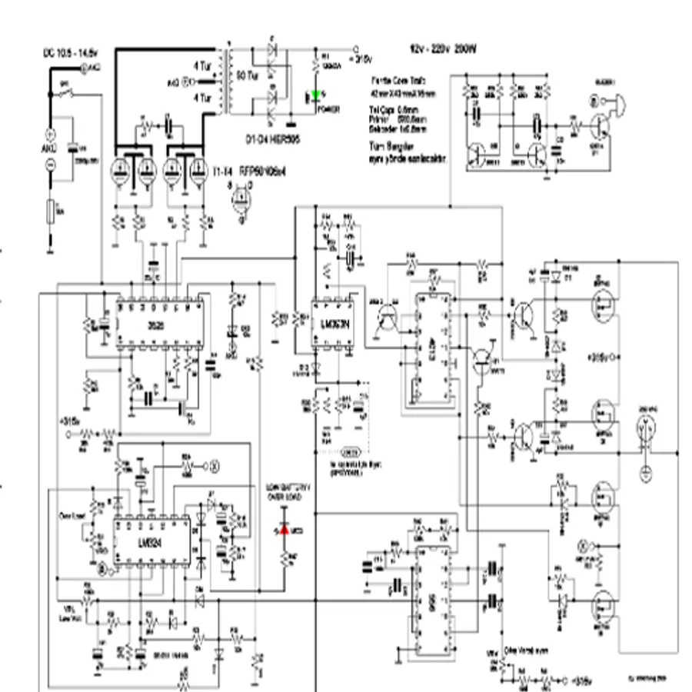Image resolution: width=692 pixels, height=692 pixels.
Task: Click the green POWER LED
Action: [316, 96]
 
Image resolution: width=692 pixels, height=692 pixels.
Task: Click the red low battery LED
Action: [284, 530]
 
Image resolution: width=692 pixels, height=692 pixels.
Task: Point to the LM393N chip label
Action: [331, 322]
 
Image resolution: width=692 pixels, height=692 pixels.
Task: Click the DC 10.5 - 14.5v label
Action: [70, 54]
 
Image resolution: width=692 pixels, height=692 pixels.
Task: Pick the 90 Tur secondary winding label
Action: [246, 78]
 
